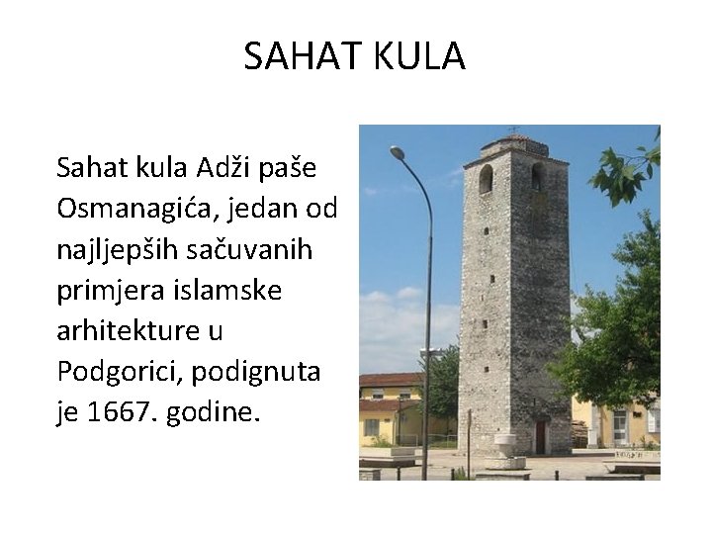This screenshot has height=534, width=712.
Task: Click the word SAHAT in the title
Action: click(291, 57)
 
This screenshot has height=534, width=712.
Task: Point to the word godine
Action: click(215, 410)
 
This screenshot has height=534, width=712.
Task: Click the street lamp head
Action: click(397, 153)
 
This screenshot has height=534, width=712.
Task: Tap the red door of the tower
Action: click(540, 436)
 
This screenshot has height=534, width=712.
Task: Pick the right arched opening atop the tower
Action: click(537, 176)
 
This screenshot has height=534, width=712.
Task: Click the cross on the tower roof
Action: click(512, 130)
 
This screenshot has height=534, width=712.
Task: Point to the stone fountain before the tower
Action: click(505, 448)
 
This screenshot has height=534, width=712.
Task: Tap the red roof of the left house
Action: click(391, 380)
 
